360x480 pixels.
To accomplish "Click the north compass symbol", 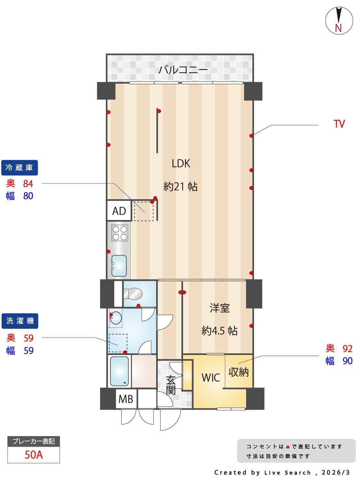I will (339, 21).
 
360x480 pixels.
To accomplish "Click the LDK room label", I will (181, 163).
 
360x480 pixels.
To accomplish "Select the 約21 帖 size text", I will (180, 186).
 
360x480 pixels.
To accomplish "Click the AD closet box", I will (119, 211).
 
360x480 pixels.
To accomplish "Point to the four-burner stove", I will (120, 233).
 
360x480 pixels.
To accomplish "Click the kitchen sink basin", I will (119, 265).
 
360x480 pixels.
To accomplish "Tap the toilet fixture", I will (134, 294).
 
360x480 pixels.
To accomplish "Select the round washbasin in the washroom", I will (116, 318).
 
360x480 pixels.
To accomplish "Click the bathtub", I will (119, 371).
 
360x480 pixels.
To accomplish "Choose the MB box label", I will (126, 399).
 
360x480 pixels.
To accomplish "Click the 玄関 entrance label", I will (171, 385).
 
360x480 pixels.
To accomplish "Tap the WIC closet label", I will (211, 378).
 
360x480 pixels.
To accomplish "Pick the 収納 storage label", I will (238, 372).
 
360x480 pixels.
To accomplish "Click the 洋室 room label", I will (220, 308).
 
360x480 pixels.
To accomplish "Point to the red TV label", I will (339, 124).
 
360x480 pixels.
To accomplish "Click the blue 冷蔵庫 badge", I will (20, 168).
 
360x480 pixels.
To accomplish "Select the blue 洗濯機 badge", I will (20, 321).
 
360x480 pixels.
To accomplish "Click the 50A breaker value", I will (34, 454).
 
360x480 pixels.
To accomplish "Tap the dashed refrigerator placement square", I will (144, 211).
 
